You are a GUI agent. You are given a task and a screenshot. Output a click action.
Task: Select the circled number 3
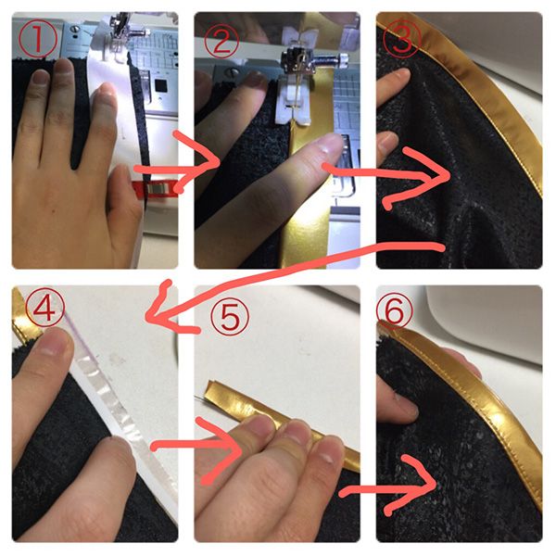(x=402, y=40)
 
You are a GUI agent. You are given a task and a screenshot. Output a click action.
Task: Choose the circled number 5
(x=230, y=317)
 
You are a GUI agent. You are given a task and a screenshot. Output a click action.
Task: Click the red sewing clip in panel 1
(x=155, y=188)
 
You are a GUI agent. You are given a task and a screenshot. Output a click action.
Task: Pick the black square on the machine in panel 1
(x=161, y=85)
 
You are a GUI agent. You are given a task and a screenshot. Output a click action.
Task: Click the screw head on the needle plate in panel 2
(x=233, y=73)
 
